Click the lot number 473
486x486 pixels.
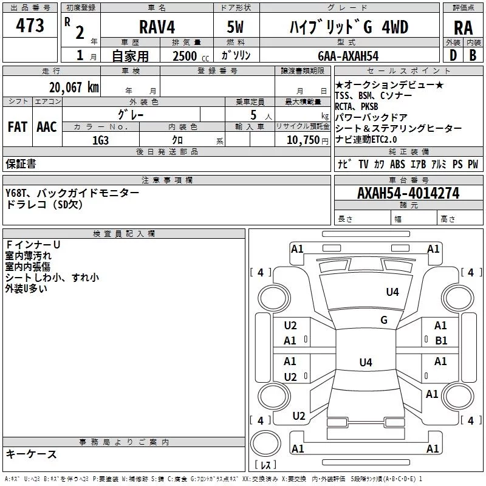(30, 26)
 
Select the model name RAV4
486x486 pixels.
(157, 27)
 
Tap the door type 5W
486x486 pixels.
(235, 27)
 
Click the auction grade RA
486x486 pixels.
(463, 28)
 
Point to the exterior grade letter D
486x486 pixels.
(453, 55)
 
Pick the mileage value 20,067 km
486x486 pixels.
(74, 87)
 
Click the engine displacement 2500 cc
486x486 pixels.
(190, 56)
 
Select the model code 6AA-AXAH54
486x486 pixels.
(348, 56)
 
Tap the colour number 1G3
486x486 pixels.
(100, 140)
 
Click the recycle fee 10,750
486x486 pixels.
(303, 140)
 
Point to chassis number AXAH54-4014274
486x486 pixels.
(408, 193)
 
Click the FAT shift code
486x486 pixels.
(18, 127)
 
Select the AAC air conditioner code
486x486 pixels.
(47, 127)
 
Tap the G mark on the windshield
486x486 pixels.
(384, 320)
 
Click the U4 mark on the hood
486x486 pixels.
(392, 292)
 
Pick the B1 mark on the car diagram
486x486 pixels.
(441, 341)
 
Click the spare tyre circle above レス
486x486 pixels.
(265, 443)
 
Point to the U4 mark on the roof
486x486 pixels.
(366, 362)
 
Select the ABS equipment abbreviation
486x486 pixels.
(397, 164)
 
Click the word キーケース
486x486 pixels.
(32, 454)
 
